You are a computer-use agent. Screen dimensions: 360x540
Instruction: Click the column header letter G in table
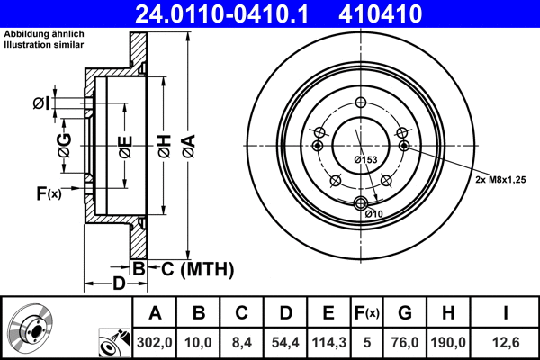click(405, 313)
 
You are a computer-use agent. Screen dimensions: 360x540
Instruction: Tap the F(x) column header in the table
click(367, 313)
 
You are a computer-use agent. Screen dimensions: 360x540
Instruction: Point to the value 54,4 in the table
click(285, 341)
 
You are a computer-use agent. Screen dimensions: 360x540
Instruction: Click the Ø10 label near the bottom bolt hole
click(375, 213)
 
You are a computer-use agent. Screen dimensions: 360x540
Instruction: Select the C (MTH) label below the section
click(197, 268)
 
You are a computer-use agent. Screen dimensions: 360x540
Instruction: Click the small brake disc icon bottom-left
click(30, 328)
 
